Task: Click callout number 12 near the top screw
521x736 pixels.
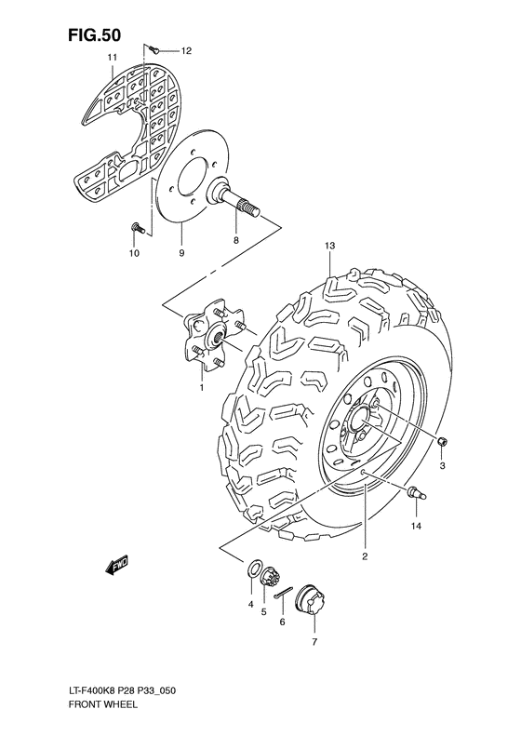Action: coord(185,49)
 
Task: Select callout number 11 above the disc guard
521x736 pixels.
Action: coord(111,58)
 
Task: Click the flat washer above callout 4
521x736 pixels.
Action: coord(253,569)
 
